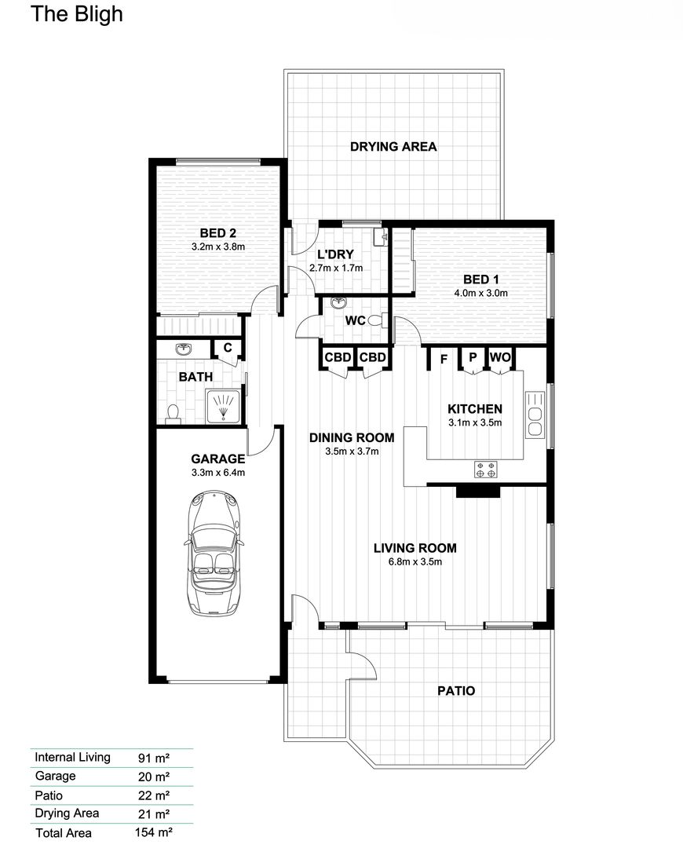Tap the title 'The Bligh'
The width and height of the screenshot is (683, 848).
tap(76, 14)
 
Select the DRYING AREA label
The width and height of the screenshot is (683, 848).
tap(393, 146)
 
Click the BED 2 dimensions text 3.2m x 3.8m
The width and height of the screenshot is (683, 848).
tap(218, 247)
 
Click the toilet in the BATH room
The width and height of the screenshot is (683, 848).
tap(173, 411)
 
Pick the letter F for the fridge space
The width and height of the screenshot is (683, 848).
tap(444, 360)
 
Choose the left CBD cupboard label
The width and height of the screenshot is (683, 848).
tap(338, 358)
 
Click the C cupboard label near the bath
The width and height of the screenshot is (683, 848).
tap(228, 348)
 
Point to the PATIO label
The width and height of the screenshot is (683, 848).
tap(455, 691)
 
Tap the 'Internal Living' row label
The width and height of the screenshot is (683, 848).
tap(72, 758)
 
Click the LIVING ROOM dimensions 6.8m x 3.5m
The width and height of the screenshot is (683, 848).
tap(415, 562)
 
